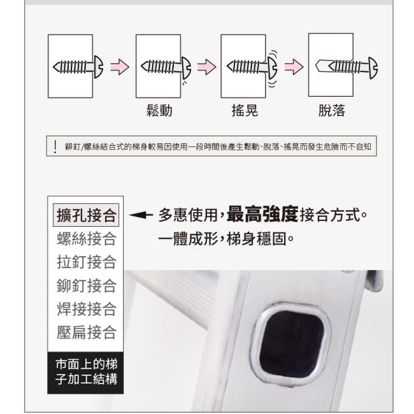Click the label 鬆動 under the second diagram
point(159,110)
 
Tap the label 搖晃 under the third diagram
point(245,110)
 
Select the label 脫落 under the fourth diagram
point(332,110)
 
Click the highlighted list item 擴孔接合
point(86,215)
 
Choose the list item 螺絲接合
point(87,239)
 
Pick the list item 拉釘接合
point(87,262)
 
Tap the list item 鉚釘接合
point(87,285)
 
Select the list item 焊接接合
point(87,309)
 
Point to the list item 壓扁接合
point(87,332)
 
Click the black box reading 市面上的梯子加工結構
point(85,373)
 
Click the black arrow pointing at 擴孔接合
point(141,215)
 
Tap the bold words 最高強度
point(262,214)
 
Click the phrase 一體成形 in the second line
point(188,239)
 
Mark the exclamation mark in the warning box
point(55,146)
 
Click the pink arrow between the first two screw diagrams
point(120,66)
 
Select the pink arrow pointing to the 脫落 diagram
point(294,66)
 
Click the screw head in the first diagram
point(98,67)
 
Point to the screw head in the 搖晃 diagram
point(273,67)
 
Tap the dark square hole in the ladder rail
point(292,342)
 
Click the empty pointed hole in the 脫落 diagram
point(322,66)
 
